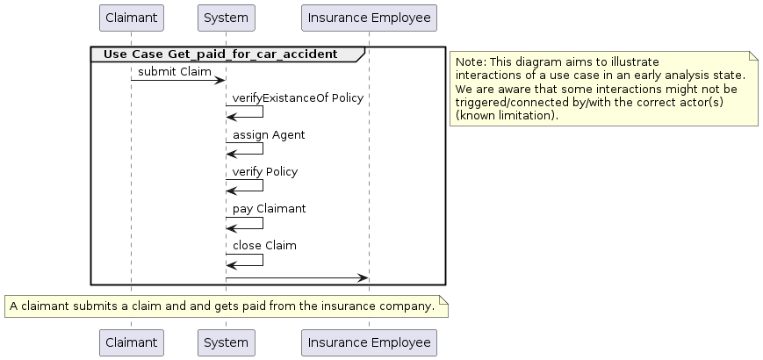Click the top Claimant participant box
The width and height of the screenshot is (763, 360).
pyautogui.click(x=132, y=18)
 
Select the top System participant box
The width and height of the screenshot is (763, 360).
pyautogui.click(x=227, y=18)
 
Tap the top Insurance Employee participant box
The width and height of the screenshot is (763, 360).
pyautogui.click(x=369, y=18)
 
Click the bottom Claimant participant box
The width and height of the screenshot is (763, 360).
pyautogui.click(x=132, y=342)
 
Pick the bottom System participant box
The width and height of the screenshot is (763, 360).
pyautogui.click(x=227, y=342)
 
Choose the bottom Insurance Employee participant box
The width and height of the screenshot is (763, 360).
pyautogui.click(x=369, y=342)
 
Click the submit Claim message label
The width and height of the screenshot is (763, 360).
pyautogui.click(x=175, y=72)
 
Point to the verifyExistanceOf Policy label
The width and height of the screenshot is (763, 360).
pyautogui.click(x=298, y=98)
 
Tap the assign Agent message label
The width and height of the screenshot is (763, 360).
pyautogui.click(x=269, y=135)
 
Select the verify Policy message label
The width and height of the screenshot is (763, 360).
pyautogui.click(x=264, y=172)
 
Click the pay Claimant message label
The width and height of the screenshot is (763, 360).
pyautogui.click(x=269, y=209)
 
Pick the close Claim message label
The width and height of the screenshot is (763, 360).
pyautogui.click(x=264, y=246)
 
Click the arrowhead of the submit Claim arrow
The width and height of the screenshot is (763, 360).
pyautogui.click(x=220, y=80)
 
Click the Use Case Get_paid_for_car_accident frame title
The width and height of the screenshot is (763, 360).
pyautogui.click(x=220, y=54)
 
